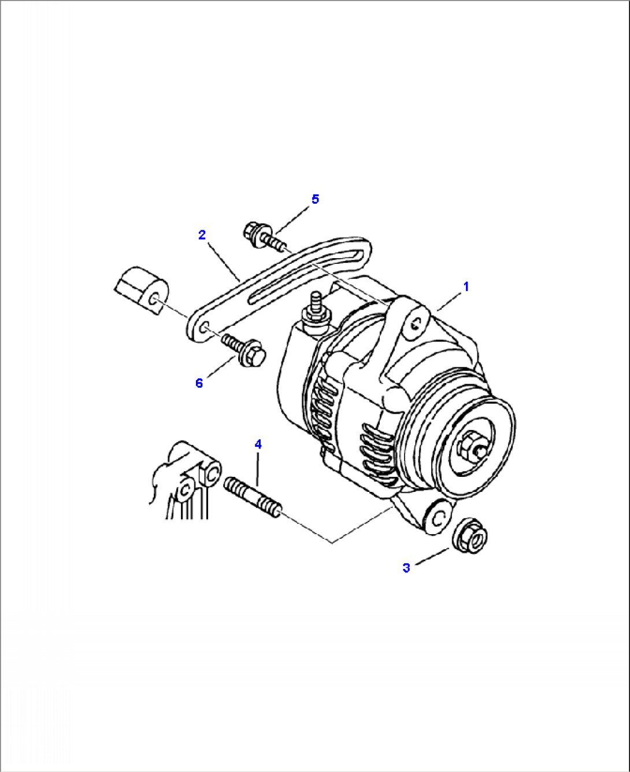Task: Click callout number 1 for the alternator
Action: click(x=466, y=286)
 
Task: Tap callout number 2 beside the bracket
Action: click(x=202, y=235)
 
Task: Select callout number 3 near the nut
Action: click(x=406, y=568)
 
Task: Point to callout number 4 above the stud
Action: click(x=258, y=444)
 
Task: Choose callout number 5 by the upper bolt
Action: click(x=315, y=199)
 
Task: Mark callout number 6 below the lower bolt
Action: click(x=199, y=383)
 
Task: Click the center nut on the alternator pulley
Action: click(x=469, y=447)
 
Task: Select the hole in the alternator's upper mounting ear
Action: click(x=414, y=325)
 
